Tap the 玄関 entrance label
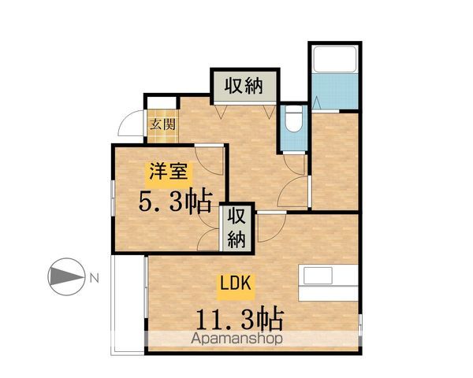[163, 123]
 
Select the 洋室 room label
[166, 171]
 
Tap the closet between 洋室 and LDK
[237, 227]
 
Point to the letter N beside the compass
[94, 277]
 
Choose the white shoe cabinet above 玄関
[162, 103]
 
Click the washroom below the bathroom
[335, 161]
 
